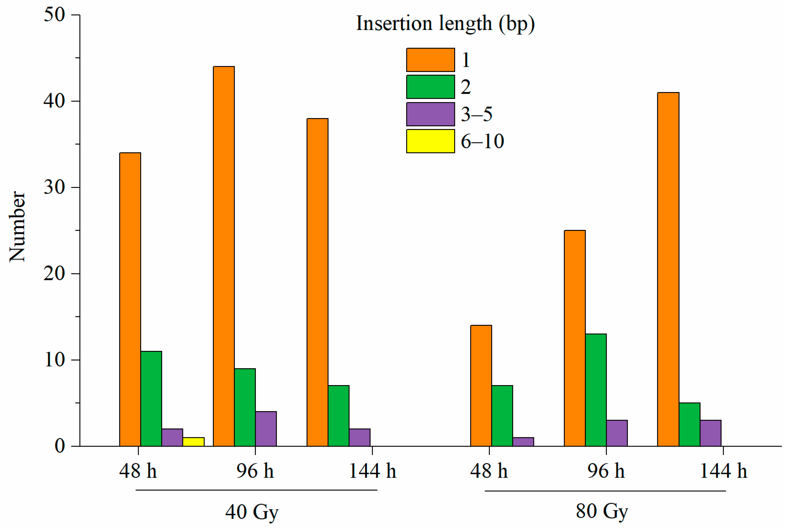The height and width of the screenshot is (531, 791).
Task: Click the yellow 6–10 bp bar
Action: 193,442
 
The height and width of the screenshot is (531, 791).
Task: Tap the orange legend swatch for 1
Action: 430,60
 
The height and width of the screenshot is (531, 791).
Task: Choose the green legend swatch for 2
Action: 430,87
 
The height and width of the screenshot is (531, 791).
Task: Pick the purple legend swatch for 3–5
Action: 430,114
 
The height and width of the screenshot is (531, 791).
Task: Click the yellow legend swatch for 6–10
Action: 430,141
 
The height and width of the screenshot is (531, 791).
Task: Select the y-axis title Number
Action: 17,227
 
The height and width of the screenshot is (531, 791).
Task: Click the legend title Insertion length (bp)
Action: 445,24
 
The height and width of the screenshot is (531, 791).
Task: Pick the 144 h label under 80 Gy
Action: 723,471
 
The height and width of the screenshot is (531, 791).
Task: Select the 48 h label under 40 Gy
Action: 138,471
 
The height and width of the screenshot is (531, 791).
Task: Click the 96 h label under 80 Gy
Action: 606,471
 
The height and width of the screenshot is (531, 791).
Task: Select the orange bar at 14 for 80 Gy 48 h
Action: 481,386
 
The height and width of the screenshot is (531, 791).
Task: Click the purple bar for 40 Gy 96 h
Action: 266,429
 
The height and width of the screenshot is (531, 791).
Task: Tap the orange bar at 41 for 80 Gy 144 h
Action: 668,269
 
